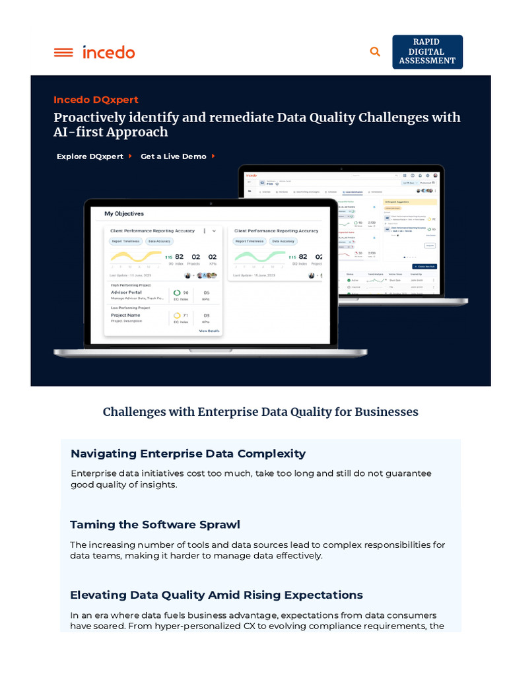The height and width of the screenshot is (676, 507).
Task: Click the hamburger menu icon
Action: [x=63, y=52]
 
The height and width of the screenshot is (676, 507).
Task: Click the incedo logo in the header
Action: [x=109, y=52]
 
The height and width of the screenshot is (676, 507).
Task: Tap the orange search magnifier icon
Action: [x=375, y=51]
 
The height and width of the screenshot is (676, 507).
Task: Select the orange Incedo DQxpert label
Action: [x=96, y=100]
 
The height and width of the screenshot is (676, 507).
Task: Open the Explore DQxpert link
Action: [x=90, y=156]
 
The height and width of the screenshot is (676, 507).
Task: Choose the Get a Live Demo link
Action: [x=174, y=156]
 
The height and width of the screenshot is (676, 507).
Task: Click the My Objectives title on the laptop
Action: [x=124, y=214]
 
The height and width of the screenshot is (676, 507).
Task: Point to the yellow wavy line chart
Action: [x=135, y=256]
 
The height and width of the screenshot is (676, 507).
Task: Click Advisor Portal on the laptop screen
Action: [x=126, y=292]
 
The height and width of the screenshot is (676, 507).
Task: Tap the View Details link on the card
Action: [x=209, y=331]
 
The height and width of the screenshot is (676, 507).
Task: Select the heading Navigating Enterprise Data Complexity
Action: [x=188, y=454]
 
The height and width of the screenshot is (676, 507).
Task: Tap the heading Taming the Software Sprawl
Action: [x=155, y=525]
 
